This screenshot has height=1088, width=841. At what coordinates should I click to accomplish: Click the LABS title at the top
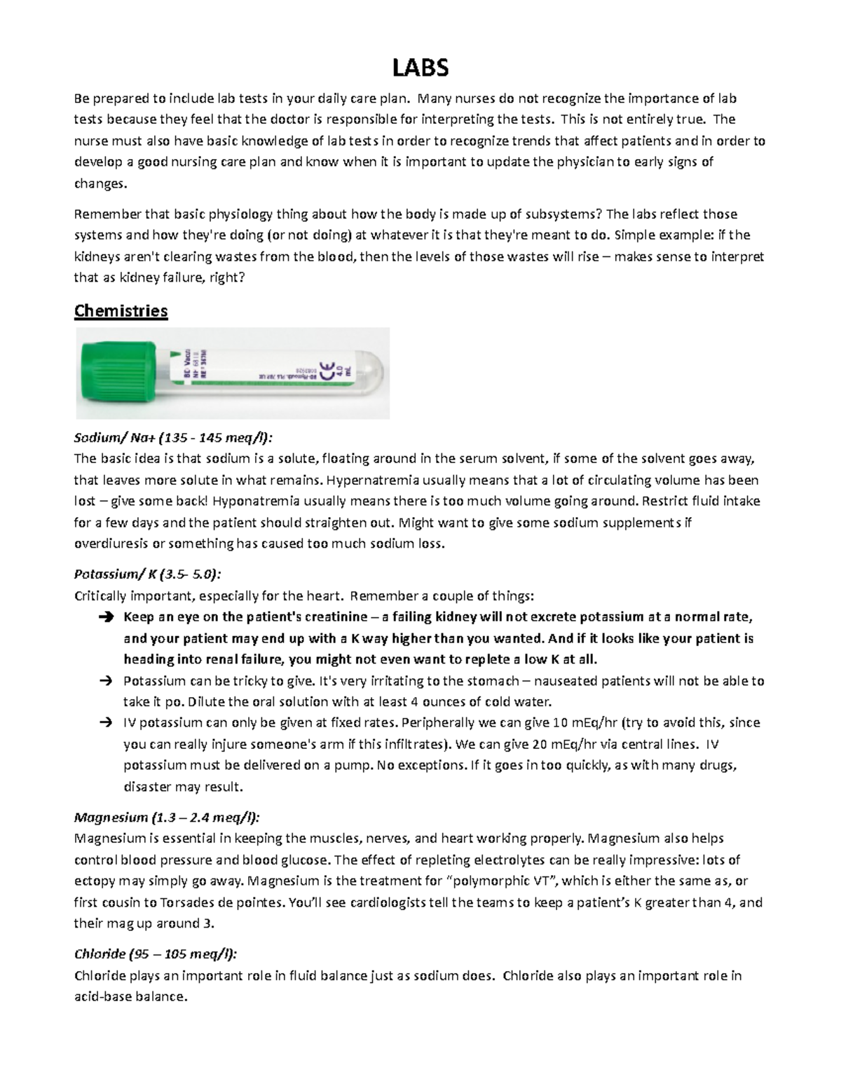click(420, 68)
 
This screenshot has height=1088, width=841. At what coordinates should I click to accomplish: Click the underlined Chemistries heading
click(121, 310)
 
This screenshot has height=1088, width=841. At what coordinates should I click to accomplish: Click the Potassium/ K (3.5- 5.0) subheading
click(147, 574)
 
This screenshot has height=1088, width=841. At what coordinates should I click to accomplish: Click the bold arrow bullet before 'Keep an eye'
click(106, 618)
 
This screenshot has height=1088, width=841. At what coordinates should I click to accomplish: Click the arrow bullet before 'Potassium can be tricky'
click(106, 681)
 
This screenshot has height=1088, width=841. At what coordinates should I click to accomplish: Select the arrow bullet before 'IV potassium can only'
click(106, 723)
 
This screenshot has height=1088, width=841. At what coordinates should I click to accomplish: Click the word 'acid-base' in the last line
click(102, 996)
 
